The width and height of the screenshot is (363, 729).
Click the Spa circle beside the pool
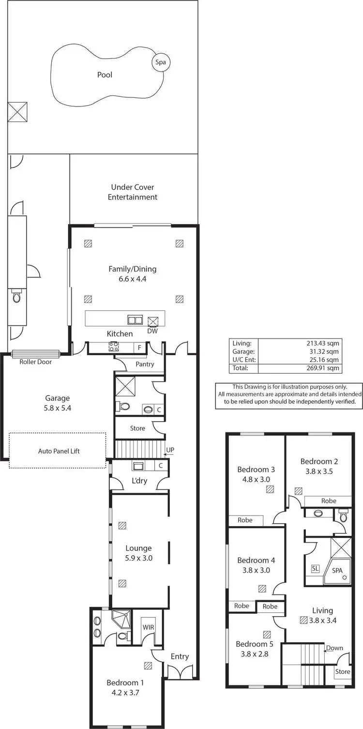(x=160, y=62)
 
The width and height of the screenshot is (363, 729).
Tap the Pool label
(x=105, y=75)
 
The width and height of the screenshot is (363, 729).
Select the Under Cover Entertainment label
(x=133, y=192)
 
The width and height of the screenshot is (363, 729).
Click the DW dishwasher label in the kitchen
(x=152, y=331)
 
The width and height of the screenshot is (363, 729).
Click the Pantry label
(x=145, y=364)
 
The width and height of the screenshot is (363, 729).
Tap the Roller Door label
(x=35, y=362)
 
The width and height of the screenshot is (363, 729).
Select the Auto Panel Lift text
(x=59, y=451)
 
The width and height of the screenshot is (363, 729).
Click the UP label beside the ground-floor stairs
(x=170, y=450)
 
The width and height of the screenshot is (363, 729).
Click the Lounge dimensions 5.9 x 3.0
(x=138, y=558)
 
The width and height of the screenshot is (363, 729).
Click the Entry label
(x=179, y=656)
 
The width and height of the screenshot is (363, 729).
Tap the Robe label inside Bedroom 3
(x=245, y=520)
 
